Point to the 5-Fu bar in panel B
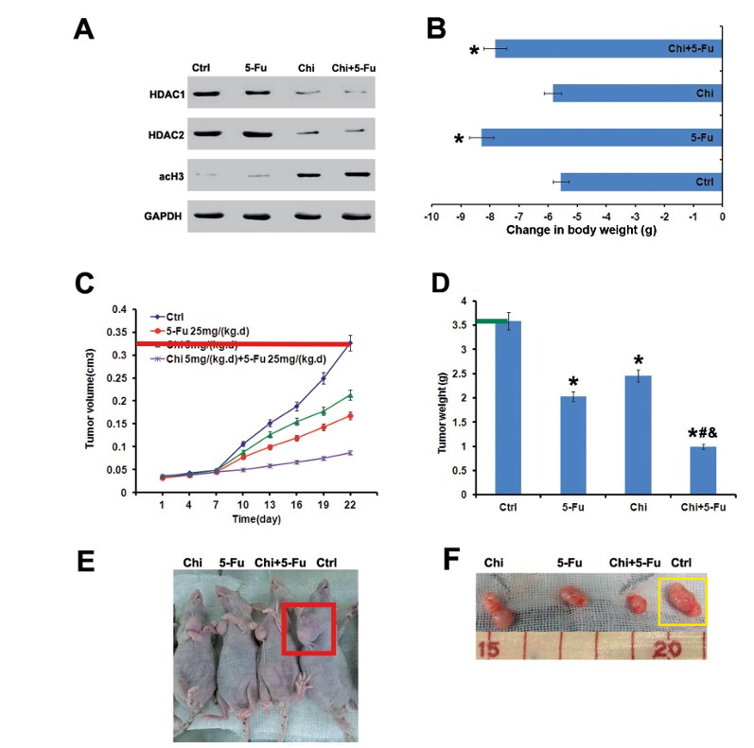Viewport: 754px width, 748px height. point(602,138)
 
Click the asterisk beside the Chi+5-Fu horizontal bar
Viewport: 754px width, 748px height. point(475,50)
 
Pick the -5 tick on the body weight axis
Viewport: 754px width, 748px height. point(577,217)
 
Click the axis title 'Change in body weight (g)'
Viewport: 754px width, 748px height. point(576,230)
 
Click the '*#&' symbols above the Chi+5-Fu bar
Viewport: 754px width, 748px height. point(703,435)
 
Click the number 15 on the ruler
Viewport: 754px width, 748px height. point(489,650)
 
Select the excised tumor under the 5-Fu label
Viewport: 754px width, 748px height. point(571,598)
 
